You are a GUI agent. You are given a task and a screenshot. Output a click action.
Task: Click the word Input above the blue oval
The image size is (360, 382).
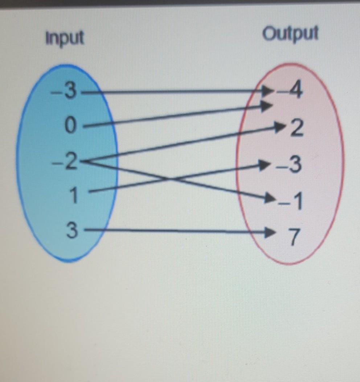point(65,37)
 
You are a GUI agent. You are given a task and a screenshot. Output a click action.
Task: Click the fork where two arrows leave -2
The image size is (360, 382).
point(89,161)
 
